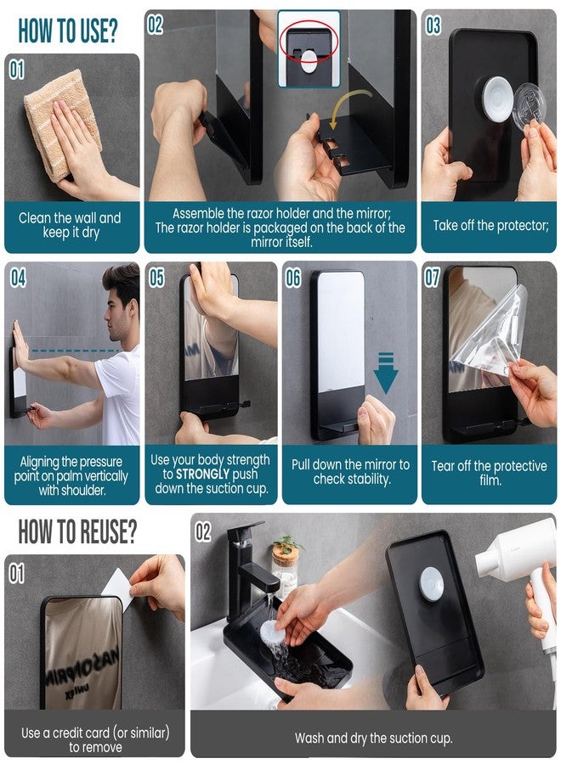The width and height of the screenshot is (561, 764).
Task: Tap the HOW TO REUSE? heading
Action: coord(77,533)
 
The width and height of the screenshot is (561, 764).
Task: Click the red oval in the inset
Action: coord(309,42)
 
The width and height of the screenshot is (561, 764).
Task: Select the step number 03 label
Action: coord(433,25)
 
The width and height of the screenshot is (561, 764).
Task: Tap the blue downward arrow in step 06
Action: coord(386,373)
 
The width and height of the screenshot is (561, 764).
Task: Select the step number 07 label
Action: coord(433,278)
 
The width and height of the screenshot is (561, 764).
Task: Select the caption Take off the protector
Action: coord(490,225)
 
